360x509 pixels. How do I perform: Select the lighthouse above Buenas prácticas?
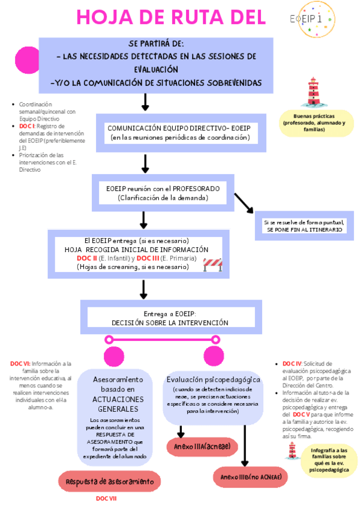pyautogui.click(x=313, y=92)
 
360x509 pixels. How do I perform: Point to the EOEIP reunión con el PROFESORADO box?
pyautogui.click(x=163, y=193)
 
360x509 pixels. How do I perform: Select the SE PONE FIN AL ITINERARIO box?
pyautogui.click(x=304, y=226)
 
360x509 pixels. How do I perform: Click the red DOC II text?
pyautogui.click(x=87, y=258)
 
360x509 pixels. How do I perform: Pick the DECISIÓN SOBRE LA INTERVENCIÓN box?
pyautogui.click(x=170, y=318)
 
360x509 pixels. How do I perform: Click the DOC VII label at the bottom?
pyautogui.click(x=106, y=499)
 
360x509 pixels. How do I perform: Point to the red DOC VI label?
pyautogui.click(x=20, y=364)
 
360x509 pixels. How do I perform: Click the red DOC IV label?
pyautogui.click(x=292, y=364)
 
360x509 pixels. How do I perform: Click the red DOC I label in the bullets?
pyautogui.click(x=27, y=126)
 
